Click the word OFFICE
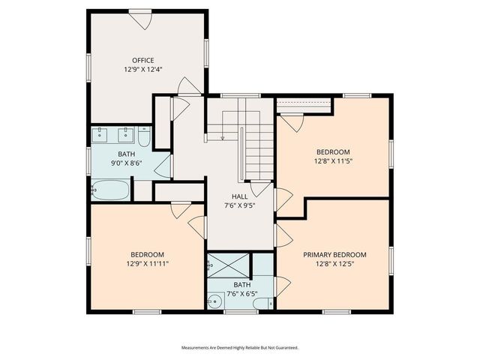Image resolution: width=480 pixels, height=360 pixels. pyautogui.click(x=142, y=60)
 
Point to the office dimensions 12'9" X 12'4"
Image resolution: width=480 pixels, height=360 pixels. pyautogui.click(x=143, y=69)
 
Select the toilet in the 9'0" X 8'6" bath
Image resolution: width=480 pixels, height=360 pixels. pyautogui.click(x=144, y=137)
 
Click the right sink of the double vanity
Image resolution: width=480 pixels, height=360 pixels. pyautogui.click(x=124, y=136)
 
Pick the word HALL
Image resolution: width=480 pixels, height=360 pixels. pyautogui.click(x=239, y=196)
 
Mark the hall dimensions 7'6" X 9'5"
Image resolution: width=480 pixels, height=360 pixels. pyautogui.click(x=239, y=205)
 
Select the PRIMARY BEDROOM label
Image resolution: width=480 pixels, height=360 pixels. pyautogui.click(x=334, y=254)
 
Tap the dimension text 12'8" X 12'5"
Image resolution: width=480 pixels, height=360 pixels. pyautogui.click(x=334, y=263)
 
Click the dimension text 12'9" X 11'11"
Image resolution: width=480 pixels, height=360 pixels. pyautogui.click(x=148, y=263)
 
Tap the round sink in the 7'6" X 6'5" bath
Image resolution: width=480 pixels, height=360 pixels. pyautogui.click(x=215, y=302)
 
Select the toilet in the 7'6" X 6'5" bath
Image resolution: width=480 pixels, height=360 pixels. pyautogui.click(x=262, y=303)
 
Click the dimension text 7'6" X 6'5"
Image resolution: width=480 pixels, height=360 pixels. pyautogui.click(x=241, y=293)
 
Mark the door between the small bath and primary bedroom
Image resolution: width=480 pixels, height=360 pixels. pyautogui.click(x=282, y=286)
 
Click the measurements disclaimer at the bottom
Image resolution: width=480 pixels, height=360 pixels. pyautogui.click(x=240, y=348)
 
